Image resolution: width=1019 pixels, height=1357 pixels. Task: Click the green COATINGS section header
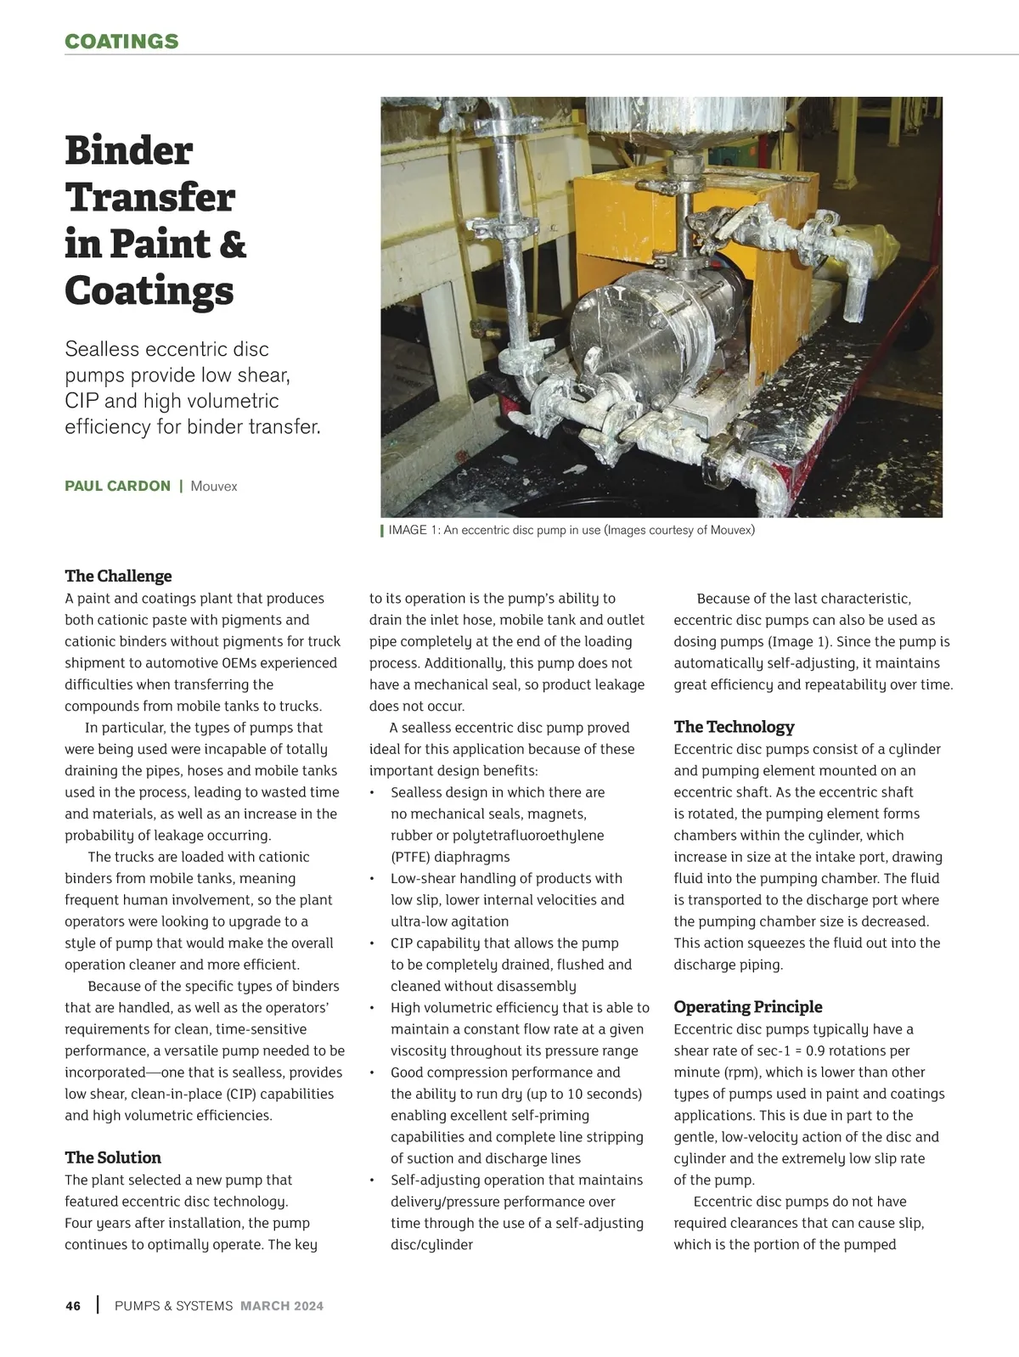point(121,42)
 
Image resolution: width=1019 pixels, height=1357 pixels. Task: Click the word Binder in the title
point(129,151)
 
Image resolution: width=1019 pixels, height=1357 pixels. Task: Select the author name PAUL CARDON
point(117,487)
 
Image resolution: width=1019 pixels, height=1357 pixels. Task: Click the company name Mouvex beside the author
point(214,487)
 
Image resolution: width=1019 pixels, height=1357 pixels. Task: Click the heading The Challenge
point(118,577)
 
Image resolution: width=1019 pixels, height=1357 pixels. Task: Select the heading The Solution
point(113,1157)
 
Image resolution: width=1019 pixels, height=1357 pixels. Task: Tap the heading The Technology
point(734,727)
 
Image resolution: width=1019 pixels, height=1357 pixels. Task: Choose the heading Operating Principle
point(747,1007)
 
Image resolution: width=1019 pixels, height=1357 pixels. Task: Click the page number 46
point(73,1306)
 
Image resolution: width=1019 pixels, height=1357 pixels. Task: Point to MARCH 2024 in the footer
point(282,1306)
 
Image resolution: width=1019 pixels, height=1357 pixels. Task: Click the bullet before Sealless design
point(372,793)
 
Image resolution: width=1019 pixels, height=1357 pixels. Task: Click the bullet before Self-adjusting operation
point(372,1180)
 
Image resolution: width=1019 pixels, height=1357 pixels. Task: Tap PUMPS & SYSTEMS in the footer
point(173,1306)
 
